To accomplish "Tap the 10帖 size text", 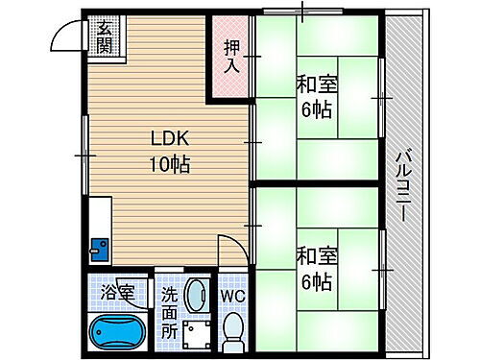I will tap(168, 164).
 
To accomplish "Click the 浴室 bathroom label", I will tap(120, 289).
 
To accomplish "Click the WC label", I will tap(232, 297).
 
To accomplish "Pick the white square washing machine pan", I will tap(197, 335).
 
